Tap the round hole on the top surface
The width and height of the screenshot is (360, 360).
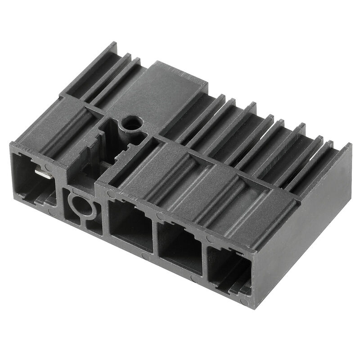coord(132,122)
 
